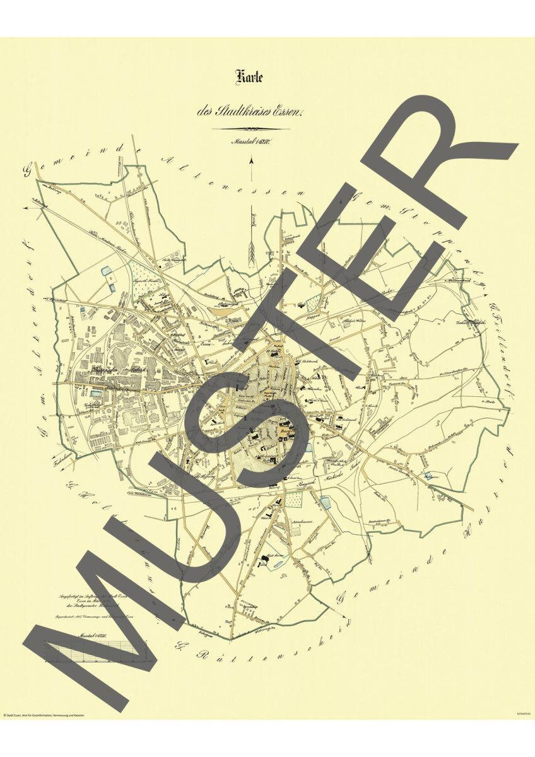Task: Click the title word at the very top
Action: click(249, 78)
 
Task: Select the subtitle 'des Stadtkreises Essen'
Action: click(250, 113)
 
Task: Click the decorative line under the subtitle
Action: click(250, 129)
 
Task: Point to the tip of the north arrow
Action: click(252, 160)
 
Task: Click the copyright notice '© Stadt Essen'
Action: click(44, 715)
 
